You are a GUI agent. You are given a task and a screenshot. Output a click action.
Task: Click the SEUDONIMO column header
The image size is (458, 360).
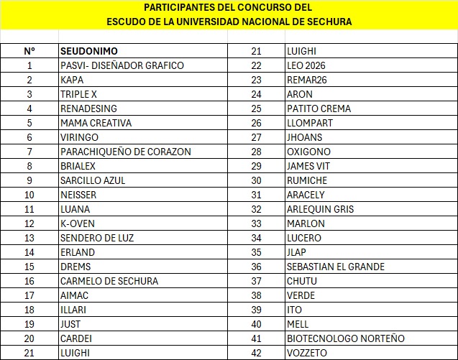pos(89,51)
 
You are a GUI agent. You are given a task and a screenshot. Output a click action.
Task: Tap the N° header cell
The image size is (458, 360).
pos(29,51)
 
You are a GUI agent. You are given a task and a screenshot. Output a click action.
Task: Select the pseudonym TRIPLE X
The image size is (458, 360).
pos(79,94)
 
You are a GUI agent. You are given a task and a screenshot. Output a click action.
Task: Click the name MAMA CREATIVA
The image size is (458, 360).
pos(96,123)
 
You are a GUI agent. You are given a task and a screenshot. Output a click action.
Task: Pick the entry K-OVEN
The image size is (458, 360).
pos(77,223)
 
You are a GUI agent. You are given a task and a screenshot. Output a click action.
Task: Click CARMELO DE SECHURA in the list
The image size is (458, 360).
pos(109,281)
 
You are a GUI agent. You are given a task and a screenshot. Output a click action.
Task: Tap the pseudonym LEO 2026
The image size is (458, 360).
pos(306,65)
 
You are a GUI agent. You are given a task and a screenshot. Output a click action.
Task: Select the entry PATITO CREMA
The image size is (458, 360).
pos(319,109)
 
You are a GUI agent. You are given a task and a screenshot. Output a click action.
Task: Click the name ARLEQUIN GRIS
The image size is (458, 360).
pos(320,209)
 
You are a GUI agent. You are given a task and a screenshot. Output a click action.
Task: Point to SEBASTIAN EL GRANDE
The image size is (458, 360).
pos(335,267)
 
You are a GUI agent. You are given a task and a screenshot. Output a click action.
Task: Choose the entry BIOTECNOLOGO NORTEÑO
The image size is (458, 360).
pos(345,338)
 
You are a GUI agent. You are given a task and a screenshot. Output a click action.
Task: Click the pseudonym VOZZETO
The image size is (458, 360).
pos(307,353)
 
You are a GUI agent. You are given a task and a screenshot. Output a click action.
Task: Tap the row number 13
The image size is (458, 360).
pos(29,238)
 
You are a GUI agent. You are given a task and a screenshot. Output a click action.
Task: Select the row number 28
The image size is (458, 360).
pos(256,152)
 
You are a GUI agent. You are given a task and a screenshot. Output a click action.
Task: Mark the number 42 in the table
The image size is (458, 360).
pos(256,353)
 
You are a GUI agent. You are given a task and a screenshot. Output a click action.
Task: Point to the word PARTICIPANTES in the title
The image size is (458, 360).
pos(178,7)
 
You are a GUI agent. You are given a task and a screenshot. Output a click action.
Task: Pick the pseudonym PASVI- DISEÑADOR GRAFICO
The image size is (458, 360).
pos(122,65)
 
